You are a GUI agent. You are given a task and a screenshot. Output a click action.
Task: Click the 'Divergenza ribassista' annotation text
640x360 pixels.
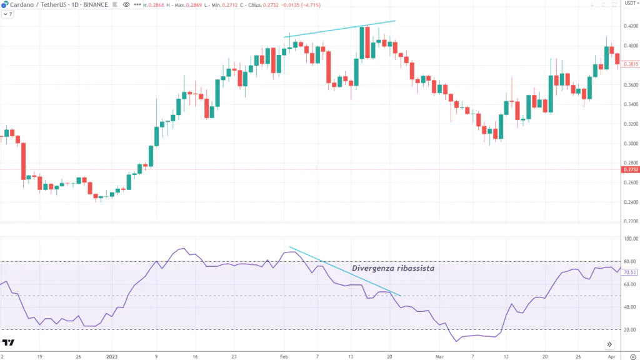[x=392, y=268]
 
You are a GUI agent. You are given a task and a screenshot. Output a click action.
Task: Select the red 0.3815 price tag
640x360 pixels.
[x=630, y=64]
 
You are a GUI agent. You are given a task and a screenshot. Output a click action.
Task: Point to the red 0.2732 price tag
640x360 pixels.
[x=630, y=169]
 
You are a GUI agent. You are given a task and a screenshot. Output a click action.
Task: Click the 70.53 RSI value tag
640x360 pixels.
[x=630, y=272]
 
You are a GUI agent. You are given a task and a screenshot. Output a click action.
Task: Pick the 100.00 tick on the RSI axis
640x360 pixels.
[x=630, y=239]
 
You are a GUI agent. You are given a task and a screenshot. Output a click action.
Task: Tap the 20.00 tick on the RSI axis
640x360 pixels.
[x=630, y=329]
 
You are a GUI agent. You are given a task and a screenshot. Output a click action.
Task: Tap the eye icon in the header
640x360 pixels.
[x=126, y=4]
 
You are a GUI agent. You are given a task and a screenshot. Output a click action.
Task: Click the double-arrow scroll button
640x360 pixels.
[x=609, y=344]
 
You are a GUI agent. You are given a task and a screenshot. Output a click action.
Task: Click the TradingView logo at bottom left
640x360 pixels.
[x=8, y=342]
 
